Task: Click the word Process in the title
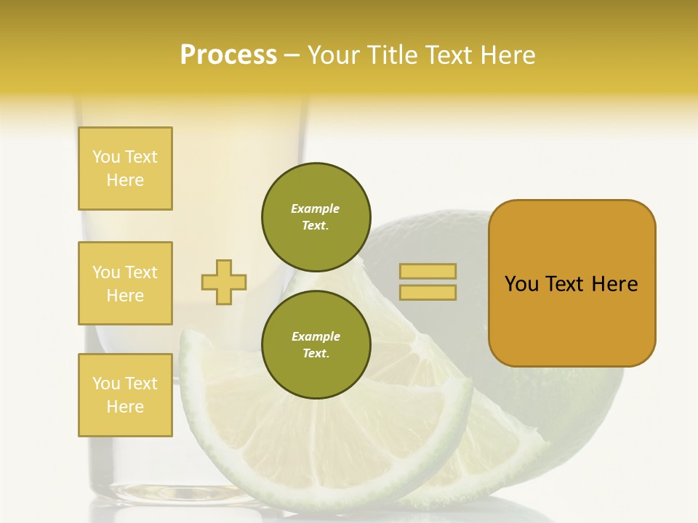point(228,55)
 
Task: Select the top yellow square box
point(125,169)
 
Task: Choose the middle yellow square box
point(125,283)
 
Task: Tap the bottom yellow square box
point(125,395)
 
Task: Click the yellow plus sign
point(224,282)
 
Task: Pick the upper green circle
point(316,217)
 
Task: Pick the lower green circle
point(316,345)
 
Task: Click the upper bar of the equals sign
point(428,271)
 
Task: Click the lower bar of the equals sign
point(428,293)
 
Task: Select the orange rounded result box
point(571,283)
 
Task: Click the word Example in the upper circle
point(316,208)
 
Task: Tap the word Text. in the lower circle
point(316,354)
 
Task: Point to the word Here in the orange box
point(614,284)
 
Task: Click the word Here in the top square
point(125,180)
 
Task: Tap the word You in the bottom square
point(106,384)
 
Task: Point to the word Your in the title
point(334,55)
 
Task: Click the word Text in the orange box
point(564,284)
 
